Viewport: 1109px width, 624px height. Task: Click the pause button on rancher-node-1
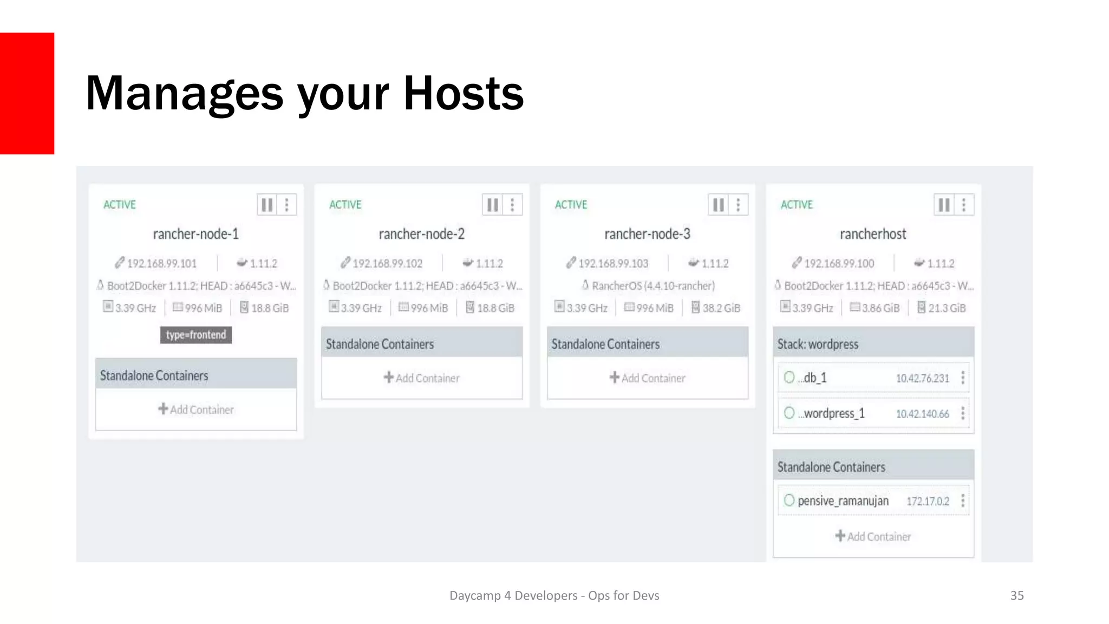pyautogui.click(x=267, y=205)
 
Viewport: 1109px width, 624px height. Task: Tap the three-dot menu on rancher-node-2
pyautogui.click(x=512, y=205)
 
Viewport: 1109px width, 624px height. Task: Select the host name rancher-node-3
pyautogui.click(x=647, y=234)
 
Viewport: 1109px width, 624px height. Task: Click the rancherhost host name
pyautogui.click(x=873, y=234)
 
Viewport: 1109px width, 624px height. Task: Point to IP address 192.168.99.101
pyautogui.click(x=161, y=264)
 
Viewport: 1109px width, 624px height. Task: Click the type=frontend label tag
pyautogui.click(x=196, y=335)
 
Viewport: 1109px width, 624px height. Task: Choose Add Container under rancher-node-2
pyautogui.click(x=422, y=378)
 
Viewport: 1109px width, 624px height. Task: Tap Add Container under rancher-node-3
pyautogui.click(x=648, y=378)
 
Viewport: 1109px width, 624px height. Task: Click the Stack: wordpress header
pyautogui.click(x=818, y=344)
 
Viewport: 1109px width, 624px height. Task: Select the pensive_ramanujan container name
pyautogui.click(x=843, y=501)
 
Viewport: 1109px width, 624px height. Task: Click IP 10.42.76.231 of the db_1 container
pyautogui.click(x=922, y=378)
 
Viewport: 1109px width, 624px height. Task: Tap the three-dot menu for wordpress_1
pyautogui.click(x=963, y=413)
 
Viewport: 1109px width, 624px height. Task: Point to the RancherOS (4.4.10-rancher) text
pyautogui.click(x=653, y=286)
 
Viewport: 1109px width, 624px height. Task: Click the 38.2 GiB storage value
pyautogui.click(x=721, y=308)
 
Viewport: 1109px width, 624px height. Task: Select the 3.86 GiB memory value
pyautogui.click(x=880, y=308)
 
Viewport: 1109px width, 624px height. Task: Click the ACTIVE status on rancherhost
pyautogui.click(x=797, y=205)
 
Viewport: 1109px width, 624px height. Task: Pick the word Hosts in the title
pyautogui.click(x=464, y=93)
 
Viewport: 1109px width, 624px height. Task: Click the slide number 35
pyautogui.click(x=1017, y=595)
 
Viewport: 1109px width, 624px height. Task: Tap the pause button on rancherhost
pyautogui.click(x=944, y=205)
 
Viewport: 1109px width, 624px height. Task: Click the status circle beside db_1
pyautogui.click(x=789, y=377)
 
